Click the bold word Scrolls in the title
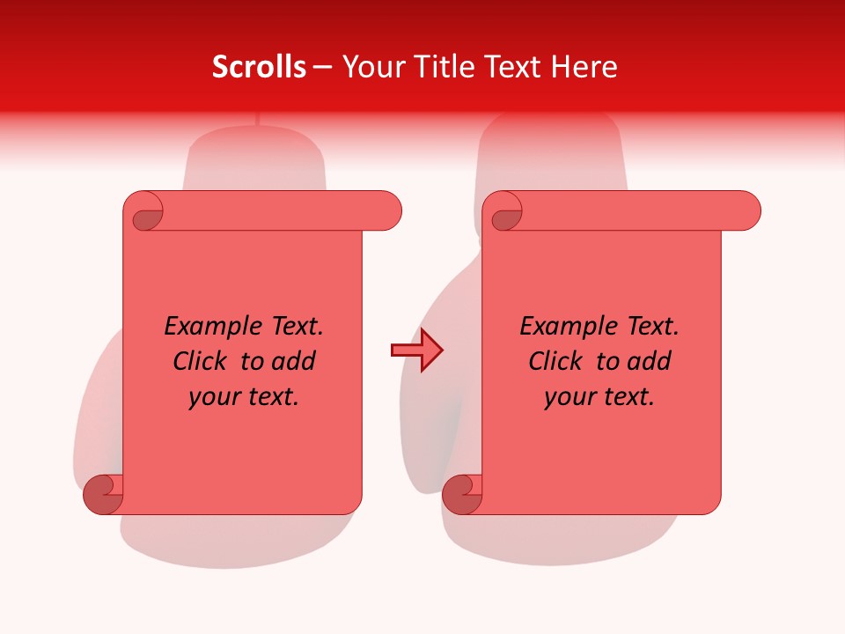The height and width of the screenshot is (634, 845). click(260, 67)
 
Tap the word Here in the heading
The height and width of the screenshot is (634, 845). click(585, 67)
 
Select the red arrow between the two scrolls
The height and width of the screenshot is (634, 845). click(416, 350)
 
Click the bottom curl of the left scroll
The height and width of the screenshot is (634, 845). click(103, 494)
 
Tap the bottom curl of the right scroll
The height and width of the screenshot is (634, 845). click(462, 494)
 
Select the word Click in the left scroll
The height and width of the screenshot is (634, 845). click(202, 361)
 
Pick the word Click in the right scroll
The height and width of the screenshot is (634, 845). click(556, 361)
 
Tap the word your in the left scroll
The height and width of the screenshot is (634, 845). click(215, 397)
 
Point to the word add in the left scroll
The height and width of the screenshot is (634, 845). click(296, 361)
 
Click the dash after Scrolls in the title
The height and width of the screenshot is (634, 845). click(323, 67)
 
